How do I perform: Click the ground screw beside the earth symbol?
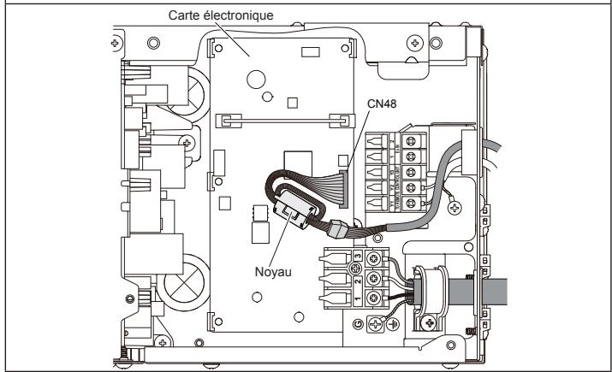coord(374,324)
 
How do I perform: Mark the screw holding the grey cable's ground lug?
coord(455,206)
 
